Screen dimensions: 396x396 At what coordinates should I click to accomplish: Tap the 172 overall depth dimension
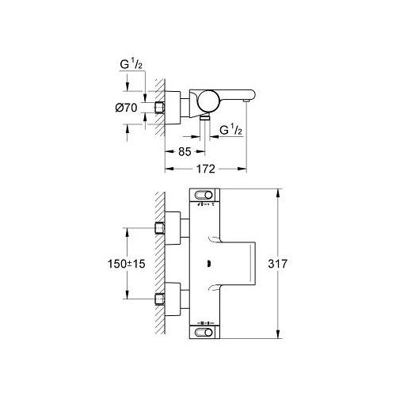tap(205, 169)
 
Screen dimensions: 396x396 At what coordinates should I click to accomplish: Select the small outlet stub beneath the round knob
tap(205, 117)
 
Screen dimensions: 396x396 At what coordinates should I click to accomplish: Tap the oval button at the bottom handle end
tap(204, 333)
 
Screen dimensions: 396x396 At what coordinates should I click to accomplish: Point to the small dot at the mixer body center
tap(207, 265)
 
